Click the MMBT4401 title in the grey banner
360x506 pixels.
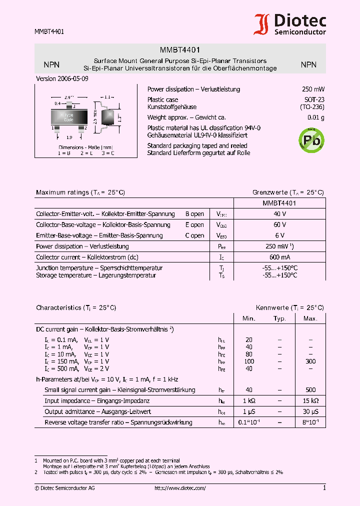[180, 50]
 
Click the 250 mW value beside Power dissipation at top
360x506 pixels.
[313, 89]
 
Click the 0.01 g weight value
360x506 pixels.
[315, 118]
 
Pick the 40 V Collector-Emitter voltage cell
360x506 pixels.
[279, 214]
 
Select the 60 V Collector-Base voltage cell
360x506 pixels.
[279, 225]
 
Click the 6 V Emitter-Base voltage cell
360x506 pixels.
[279, 235]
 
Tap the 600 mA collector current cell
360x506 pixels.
[279, 257]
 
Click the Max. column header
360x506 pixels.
[310, 318]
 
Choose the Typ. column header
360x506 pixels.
[279, 318]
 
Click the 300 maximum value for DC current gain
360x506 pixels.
[310, 361]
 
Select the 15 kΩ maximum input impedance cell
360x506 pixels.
[310, 401]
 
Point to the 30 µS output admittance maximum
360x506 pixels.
[310, 412]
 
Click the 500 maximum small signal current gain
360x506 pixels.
[310, 390]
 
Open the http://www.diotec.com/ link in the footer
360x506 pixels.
[180, 488]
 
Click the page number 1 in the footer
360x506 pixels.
[324, 488]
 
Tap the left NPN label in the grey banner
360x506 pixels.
[51, 64]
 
